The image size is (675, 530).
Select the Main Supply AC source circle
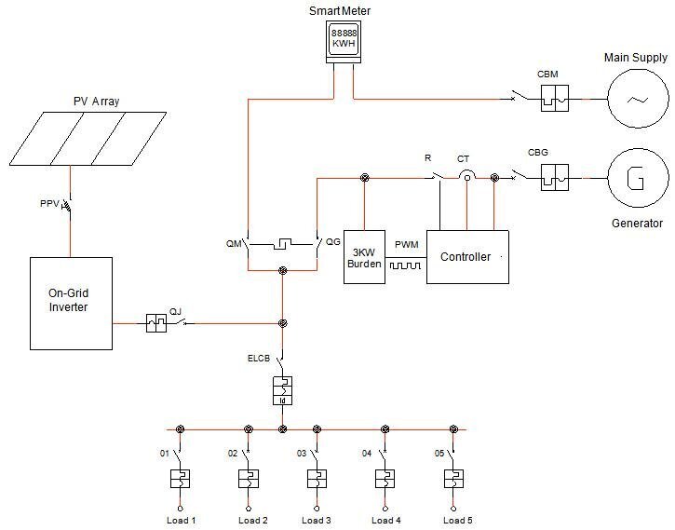(x=638, y=99)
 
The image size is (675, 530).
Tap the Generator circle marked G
(x=638, y=177)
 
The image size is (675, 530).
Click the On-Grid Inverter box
(x=71, y=302)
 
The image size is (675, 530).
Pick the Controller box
(x=467, y=256)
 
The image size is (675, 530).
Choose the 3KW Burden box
(x=364, y=256)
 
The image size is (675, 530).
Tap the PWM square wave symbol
(x=406, y=265)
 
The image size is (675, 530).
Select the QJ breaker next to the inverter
(x=156, y=323)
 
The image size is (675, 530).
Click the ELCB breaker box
(x=282, y=390)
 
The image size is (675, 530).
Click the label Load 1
(x=180, y=520)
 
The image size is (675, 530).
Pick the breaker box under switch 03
(x=317, y=479)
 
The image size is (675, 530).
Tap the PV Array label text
(x=96, y=101)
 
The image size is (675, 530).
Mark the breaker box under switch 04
(x=385, y=479)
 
